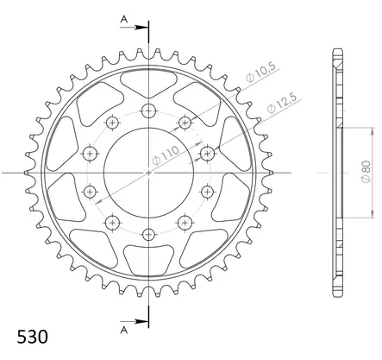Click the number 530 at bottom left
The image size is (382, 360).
point(32,337)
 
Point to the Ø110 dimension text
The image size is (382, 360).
point(165,155)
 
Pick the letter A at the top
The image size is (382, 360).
point(124,19)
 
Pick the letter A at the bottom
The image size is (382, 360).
point(124,330)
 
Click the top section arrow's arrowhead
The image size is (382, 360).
point(141,28)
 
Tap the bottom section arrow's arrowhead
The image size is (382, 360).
point(141,321)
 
